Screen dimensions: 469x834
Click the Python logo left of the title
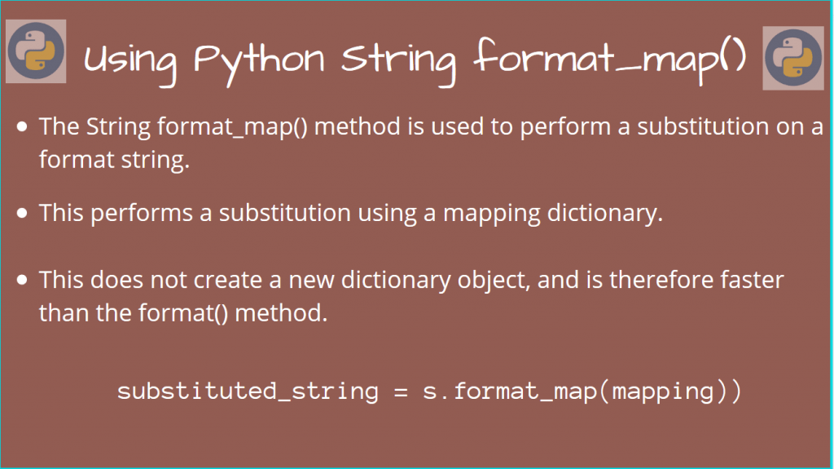coord(37,51)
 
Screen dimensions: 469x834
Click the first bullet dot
coord(23,127)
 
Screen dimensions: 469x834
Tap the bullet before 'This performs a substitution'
coord(23,213)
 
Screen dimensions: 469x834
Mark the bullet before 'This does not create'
coord(23,281)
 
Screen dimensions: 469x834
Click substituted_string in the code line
coord(248,392)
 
